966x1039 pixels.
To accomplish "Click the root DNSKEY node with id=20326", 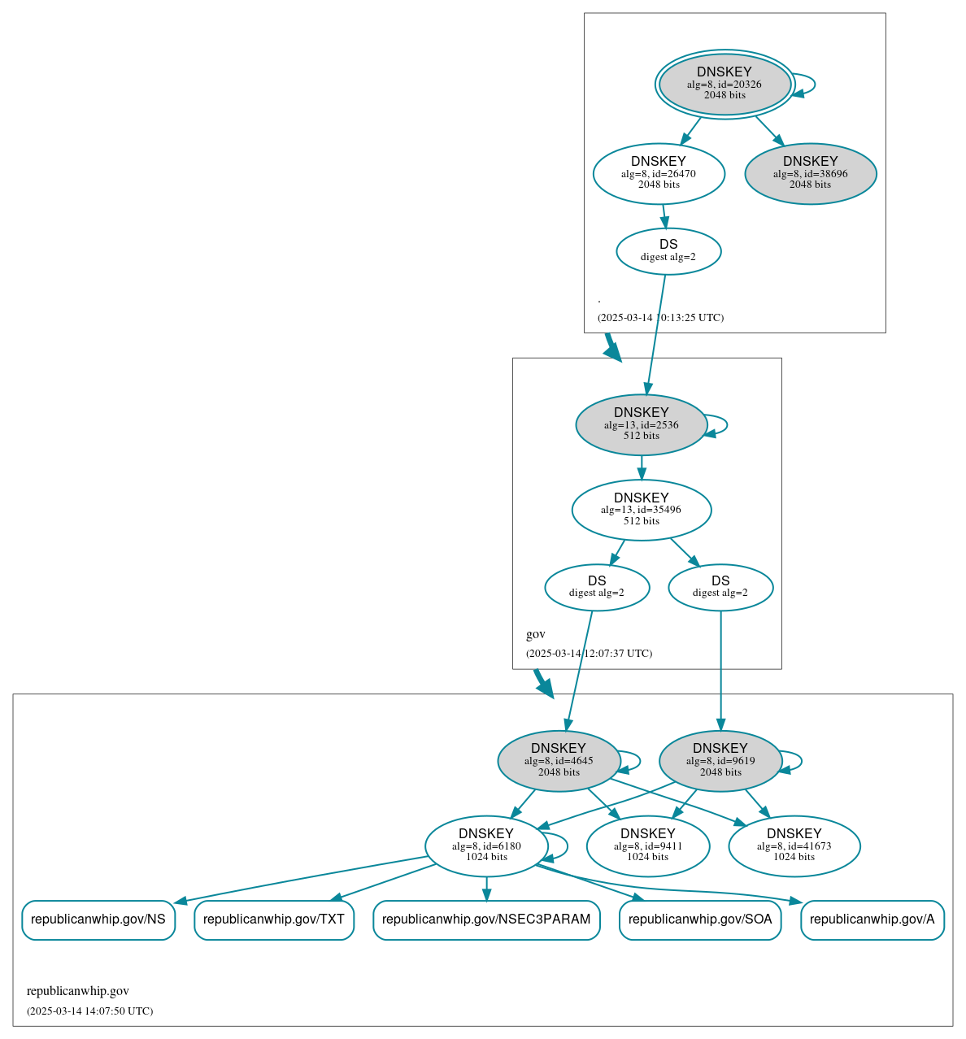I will pyautogui.click(x=724, y=85).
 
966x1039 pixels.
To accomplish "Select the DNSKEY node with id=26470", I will pyautogui.click(x=659, y=173).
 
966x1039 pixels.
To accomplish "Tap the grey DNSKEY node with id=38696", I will pyautogui.click(x=810, y=173).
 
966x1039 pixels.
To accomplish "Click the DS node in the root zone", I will pyautogui.click(x=668, y=251).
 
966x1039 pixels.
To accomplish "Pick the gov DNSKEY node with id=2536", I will pyautogui.click(x=641, y=424).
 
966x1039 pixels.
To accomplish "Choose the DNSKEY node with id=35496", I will pyautogui.click(x=641, y=510).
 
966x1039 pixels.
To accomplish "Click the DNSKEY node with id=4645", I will pyautogui.click(x=558, y=761).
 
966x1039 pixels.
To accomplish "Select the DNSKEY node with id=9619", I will pyautogui.click(x=720, y=761).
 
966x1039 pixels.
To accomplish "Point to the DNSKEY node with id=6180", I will pyautogui.click(x=486, y=846).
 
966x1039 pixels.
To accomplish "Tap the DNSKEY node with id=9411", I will pyautogui.click(x=647, y=846).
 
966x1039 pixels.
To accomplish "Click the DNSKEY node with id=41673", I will pyautogui.click(x=794, y=846).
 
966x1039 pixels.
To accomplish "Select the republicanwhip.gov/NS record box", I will pyautogui.click(x=98, y=920).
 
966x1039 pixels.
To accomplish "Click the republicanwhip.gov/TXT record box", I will pyautogui.click(x=274, y=920).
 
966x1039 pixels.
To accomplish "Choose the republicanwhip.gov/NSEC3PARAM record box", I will pyautogui.click(x=486, y=920).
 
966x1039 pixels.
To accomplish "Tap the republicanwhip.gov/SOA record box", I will pyautogui.click(x=700, y=920).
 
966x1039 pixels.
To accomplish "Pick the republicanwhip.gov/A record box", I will pyautogui.click(x=872, y=920).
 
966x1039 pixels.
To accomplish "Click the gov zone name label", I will pyautogui.click(x=536, y=634).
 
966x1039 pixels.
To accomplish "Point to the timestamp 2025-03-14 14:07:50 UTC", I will pyautogui.click(x=89, y=1011).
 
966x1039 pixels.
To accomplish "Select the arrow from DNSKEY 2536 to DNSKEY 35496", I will pyautogui.click(x=642, y=467).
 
